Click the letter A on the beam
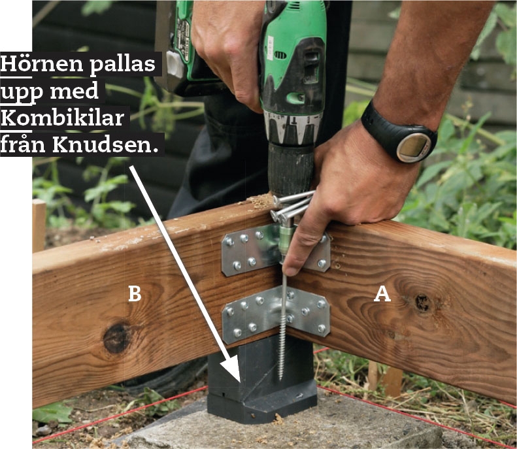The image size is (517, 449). [382, 294]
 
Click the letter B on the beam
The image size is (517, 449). [135, 293]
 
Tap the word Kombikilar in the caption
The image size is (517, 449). [62, 118]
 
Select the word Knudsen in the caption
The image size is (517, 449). [103, 144]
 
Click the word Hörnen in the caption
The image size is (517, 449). [42, 63]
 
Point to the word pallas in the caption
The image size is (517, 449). [122, 64]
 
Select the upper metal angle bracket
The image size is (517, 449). [276, 250]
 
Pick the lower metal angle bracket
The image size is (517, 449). [276, 316]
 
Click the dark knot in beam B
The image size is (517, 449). [116, 338]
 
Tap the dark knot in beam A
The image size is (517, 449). [422, 303]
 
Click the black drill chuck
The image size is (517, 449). [290, 169]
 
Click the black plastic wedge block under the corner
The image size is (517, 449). [261, 382]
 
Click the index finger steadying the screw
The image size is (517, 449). [299, 250]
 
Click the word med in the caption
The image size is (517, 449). [75, 91]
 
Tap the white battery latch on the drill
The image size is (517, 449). [175, 63]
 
